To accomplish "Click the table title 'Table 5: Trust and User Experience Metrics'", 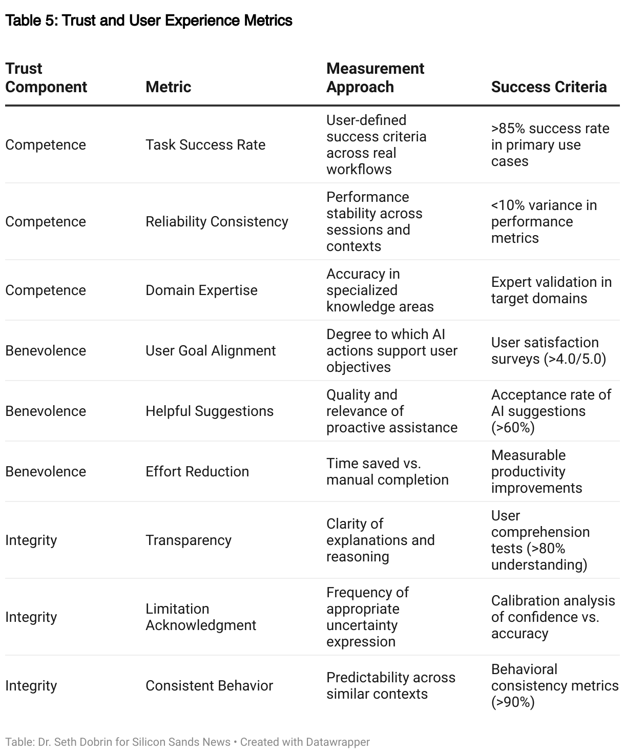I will click(x=149, y=20).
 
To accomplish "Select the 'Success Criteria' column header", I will click(x=549, y=87).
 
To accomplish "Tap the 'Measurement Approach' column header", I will click(x=375, y=78).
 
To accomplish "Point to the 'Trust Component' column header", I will click(x=46, y=78).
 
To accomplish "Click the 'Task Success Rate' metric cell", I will click(x=205, y=145).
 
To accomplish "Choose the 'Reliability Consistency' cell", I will click(x=217, y=222).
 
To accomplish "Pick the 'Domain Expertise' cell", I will click(x=201, y=290).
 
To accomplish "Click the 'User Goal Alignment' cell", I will click(x=211, y=351).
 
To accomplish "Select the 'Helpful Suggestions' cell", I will click(x=210, y=411).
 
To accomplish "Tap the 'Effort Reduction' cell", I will click(x=197, y=472).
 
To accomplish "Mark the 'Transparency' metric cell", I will click(x=189, y=540).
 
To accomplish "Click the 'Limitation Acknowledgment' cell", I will click(x=201, y=617).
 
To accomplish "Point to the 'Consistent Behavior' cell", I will click(x=209, y=686).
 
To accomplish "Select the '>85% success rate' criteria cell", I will click(x=550, y=145).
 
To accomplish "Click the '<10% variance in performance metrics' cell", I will click(x=544, y=222).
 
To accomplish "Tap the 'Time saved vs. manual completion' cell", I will click(x=387, y=472).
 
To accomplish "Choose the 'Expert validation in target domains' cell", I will click(x=551, y=290).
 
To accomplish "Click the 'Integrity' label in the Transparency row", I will click(x=31, y=540).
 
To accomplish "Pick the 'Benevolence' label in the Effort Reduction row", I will click(x=46, y=472).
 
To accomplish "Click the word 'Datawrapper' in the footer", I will click(x=338, y=742).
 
